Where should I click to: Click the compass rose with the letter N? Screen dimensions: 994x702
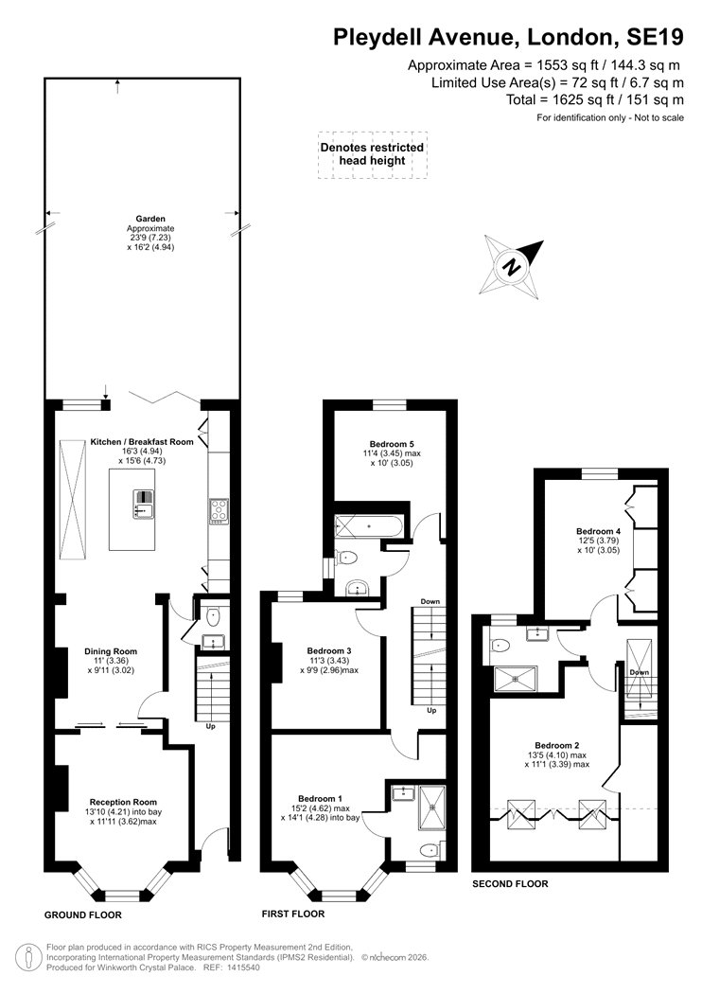pyautogui.click(x=512, y=267)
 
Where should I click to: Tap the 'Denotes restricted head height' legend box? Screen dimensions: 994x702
pyautogui.click(x=372, y=154)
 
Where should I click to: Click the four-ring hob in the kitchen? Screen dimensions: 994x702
pyautogui.click(x=219, y=510)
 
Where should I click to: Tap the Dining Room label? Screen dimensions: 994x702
pyautogui.click(x=114, y=651)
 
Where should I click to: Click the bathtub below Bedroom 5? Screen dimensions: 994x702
pyautogui.click(x=368, y=524)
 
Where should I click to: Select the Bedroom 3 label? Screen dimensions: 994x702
pyautogui.click(x=329, y=651)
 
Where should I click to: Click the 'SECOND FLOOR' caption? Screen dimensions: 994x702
pyautogui.click(x=510, y=883)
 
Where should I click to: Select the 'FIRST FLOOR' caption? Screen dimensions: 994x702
pyautogui.click(x=292, y=914)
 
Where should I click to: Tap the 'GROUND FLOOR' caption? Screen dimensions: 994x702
pyautogui.click(x=83, y=915)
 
